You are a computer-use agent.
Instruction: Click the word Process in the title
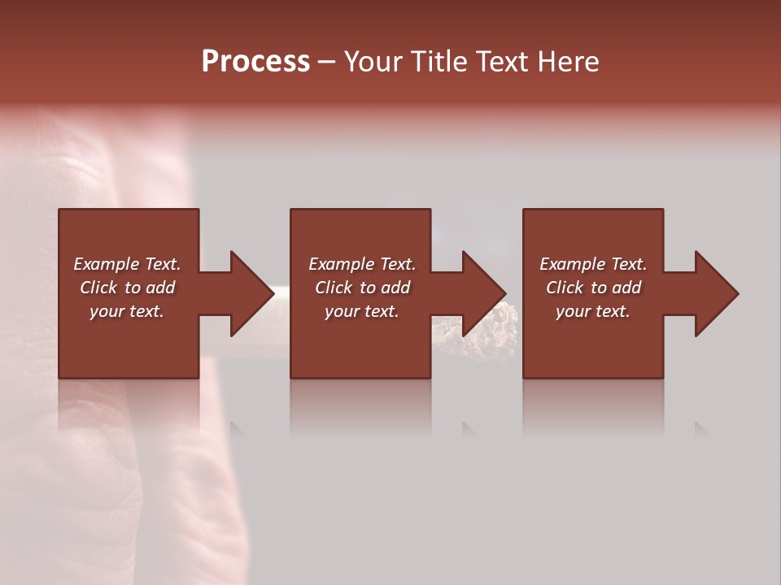click(x=255, y=62)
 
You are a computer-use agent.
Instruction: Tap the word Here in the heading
click(x=569, y=62)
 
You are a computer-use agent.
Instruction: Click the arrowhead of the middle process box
click(x=483, y=293)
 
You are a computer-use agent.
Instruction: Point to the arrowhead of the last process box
click(x=716, y=293)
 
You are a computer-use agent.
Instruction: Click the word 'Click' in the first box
click(x=98, y=288)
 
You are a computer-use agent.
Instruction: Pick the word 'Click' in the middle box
click(x=334, y=288)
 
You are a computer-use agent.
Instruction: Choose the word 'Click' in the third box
click(x=565, y=288)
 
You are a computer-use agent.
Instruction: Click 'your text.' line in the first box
click(x=127, y=311)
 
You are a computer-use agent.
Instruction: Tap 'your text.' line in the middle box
click(x=362, y=311)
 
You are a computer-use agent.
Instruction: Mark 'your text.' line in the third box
click(x=593, y=311)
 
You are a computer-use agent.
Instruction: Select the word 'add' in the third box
click(x=626, y=288)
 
